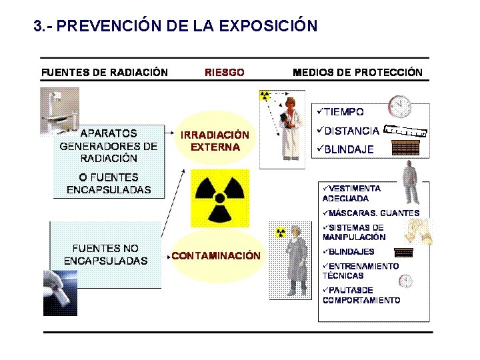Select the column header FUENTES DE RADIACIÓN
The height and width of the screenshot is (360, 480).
pyautogui.click(x=105, y=72)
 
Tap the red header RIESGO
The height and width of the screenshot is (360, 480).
pyautogui.click(x=224, y=72)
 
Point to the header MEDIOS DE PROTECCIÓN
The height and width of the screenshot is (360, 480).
pyautogui.click(x=357, y=72)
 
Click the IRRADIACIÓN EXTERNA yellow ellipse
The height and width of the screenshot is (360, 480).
pyautogui.click(x=215, y=140)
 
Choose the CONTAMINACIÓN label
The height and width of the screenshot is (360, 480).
pyautogui.click(x=216, y=255)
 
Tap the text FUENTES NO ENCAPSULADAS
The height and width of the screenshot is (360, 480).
pyautogui.click(x=105, y=254)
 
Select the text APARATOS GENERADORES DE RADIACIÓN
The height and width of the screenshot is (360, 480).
pyautogui.click(x=109, y=146)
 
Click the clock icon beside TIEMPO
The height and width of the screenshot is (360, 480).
pyautogui.click(x=399, y=107)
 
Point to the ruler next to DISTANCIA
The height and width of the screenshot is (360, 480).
pyautogui.click(x=406, y=131)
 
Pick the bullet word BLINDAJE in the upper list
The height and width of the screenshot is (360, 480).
pyautogui.click(x=348, y=149)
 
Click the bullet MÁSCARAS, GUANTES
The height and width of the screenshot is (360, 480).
pyautogui.click(x=373, y=213)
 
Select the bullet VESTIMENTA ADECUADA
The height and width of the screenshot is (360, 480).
pyautogui.click(x=351, y=193)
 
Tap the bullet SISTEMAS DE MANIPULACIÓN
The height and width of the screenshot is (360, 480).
pyautogui.click(x=354, y=232)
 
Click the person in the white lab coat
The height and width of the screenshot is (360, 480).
pyautogui.click(x=291, y=129)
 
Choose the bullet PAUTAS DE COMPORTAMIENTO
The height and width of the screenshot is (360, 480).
pyautogui.click(x=361, y=295)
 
